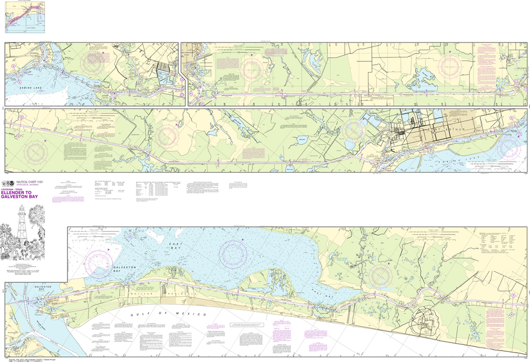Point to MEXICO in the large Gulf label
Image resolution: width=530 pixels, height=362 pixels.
(192, 314)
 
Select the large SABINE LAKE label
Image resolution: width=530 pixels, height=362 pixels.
(24, 90)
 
